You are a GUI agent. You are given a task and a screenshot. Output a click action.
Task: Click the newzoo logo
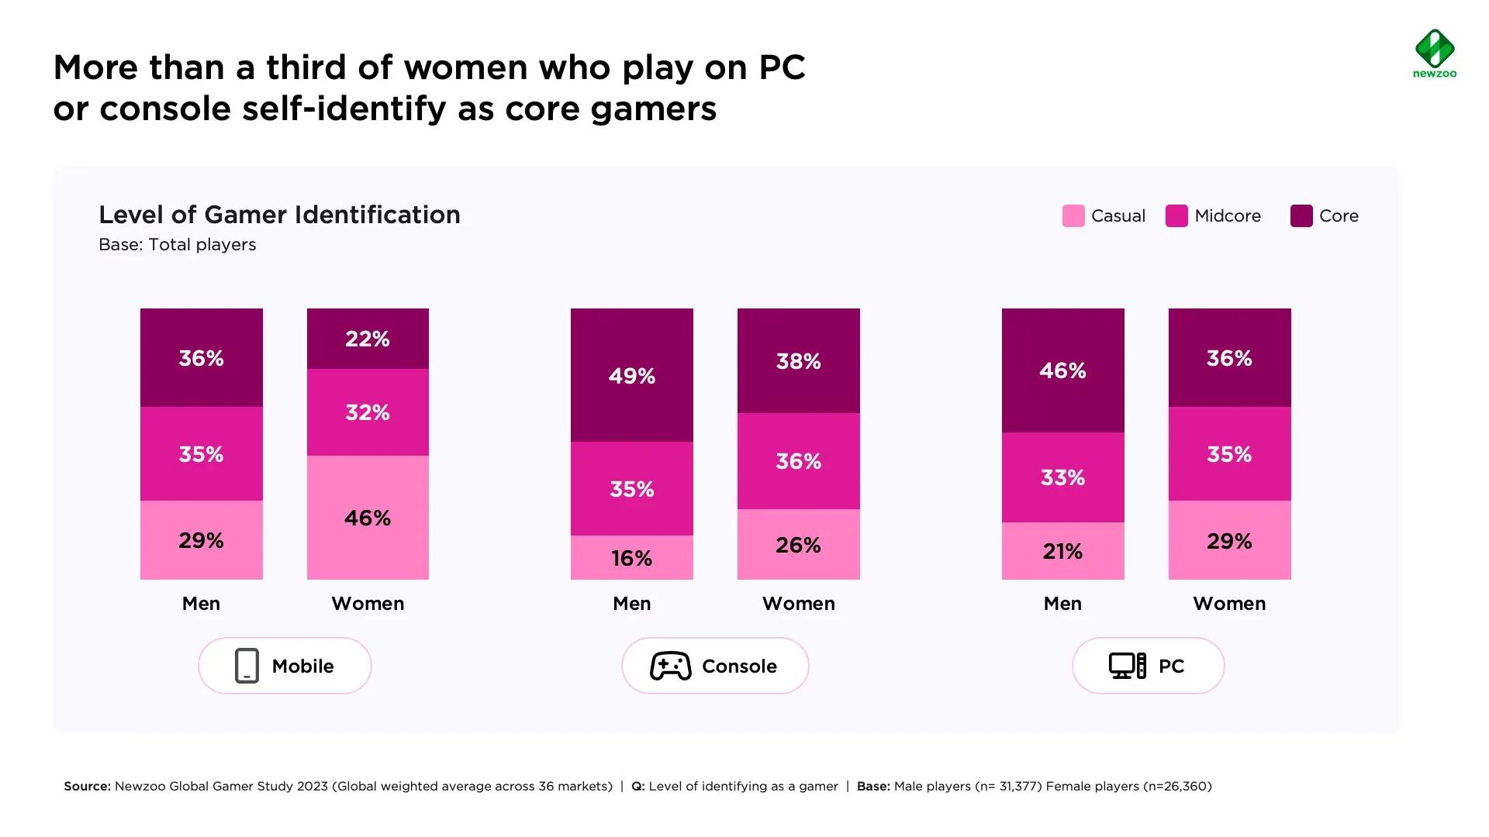[x=1435, y=53]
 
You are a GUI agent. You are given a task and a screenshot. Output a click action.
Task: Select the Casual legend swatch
[x=1073, y=216]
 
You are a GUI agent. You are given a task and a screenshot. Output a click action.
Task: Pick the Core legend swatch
[x=1301, y=216]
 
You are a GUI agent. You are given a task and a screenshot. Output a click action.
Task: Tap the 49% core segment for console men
[x=631, y=376]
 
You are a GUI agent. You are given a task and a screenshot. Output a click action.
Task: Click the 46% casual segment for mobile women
[x=368, y=517]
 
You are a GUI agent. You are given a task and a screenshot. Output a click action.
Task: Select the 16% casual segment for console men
[x=631, y=558]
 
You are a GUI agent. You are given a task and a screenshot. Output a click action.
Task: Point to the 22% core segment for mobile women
[x=368, y=339]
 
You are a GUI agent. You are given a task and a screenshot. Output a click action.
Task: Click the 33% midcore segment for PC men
[x=1062, y=477]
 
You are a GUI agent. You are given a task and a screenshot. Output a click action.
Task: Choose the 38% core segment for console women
[x=798, y=361]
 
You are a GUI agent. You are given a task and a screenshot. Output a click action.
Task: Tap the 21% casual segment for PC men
[x=1062, y=551]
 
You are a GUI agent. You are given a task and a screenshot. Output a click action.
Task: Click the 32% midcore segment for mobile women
[x=368, y=412]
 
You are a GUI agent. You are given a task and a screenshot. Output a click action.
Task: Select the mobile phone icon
[x=247, y=666]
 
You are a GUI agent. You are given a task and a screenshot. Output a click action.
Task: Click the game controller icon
[x=671, y=666]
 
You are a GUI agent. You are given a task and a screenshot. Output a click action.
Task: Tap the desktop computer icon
[x=1127, y=666]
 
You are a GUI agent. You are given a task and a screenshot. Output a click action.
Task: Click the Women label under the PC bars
[x=1229, y=604]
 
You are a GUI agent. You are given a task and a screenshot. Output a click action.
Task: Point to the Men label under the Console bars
[x=631, y=604]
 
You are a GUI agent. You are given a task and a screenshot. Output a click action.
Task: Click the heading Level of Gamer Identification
[x=279, y=215]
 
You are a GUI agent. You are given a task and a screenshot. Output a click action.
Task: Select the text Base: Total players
[x=177, y=245]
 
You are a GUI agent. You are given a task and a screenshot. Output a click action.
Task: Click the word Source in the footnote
[x=87, y=786]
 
